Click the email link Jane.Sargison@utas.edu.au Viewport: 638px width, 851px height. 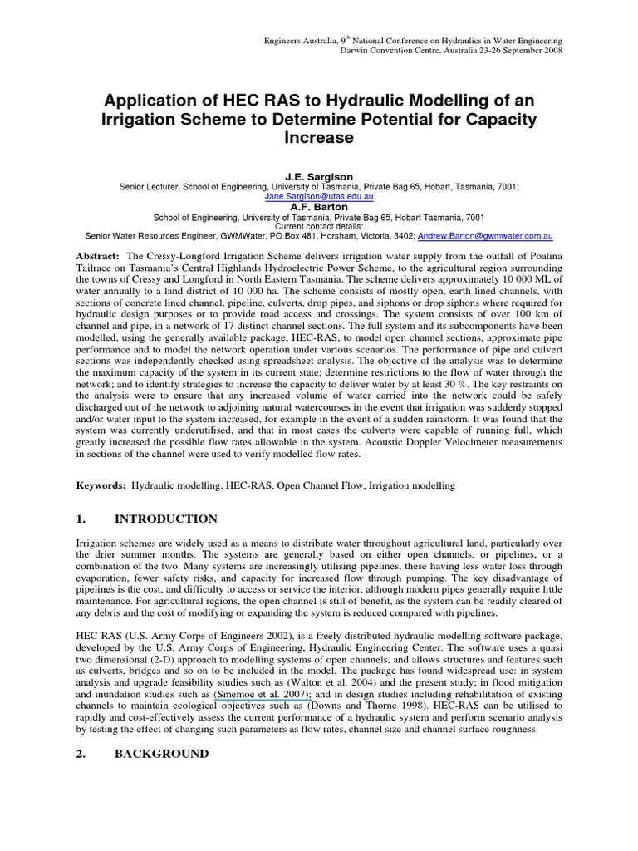click(319, 198)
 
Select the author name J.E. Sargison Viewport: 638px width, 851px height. click(319, 177)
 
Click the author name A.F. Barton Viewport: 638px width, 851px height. click(319, 208)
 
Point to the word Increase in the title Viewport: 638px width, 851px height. click(319, 138)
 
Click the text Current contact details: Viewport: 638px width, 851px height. click(319, 227)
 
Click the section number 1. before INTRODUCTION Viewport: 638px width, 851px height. click(81, 519)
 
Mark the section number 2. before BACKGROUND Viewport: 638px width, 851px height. click(81, 754)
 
